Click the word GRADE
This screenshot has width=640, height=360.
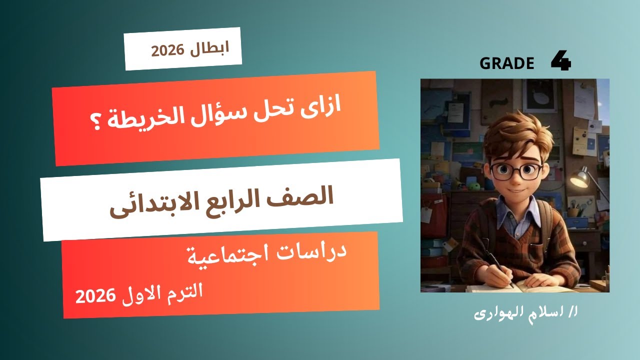[506, 63]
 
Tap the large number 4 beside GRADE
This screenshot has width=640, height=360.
[561, 61]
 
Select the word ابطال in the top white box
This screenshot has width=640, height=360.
[210, 48]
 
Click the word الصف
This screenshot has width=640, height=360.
[308, 196]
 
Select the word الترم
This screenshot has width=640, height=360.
[185, 291]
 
